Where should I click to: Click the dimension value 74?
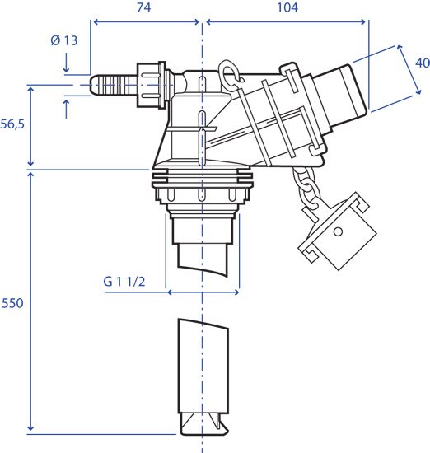pyautogui.click(x=143, y=7)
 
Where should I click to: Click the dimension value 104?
pyautogui.click(x=287, y=7)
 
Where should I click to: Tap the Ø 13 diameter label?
pyautogui.click(x=64, y=40)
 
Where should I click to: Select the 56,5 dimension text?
pyautogui.click(x=12, y=124)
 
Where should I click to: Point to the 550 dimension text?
pyautogui.click(x=12, y=303)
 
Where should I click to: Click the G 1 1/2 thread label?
pyautogui.click(x=124, y=282)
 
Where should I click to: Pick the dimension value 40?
pyautogui.click(x=423, y=63)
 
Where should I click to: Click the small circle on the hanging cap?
pyautogui.click(x=338, y=231)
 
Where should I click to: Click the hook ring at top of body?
pyautogui.click(x=228, y=73)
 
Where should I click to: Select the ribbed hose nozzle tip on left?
pyautogui.click(x=113, y=85)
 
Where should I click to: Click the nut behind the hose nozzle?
pyautogui.click(x=150, y=85)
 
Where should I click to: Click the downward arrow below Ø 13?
pyautogui.click(x=66, y=62)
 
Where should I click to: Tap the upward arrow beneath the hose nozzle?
pyautogui.click(x=66, y=109)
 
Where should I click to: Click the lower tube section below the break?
pyautogui.click(x=203, y=367)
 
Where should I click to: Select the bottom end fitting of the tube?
pyautogui.click(x=203, y=424)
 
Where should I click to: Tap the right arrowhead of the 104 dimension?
pyautogui.click(x=362, y=21)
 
